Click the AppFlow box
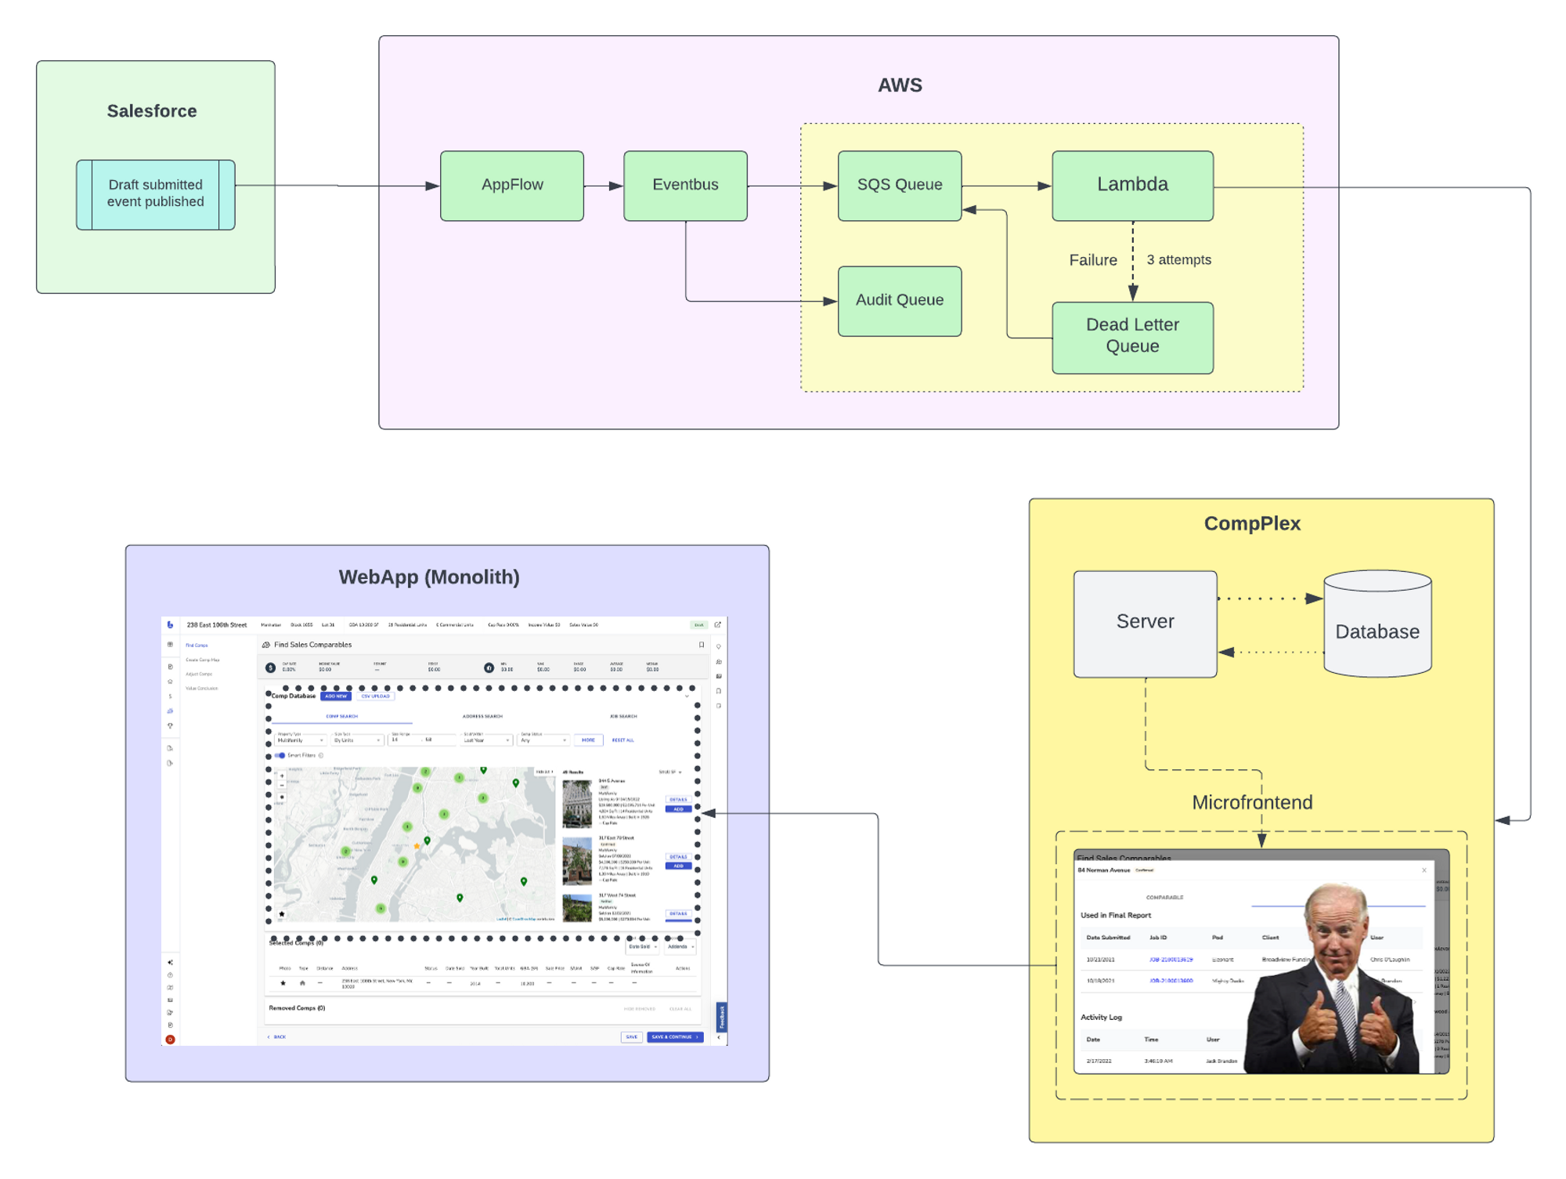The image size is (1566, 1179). coord(512,186)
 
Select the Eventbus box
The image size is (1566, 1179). coord(685,186)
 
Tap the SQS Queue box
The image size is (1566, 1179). coord(900,186)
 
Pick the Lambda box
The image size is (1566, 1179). coord(1132,186)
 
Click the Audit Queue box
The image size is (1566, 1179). coord(900,301)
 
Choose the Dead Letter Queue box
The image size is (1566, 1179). coord(1132,337)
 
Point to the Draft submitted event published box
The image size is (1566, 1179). coord(155,194)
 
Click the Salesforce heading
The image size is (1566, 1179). coord(152,111)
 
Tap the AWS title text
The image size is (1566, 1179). coord(900,85)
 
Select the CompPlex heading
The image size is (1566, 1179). coord(1252,524)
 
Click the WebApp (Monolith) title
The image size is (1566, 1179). coord(429,577)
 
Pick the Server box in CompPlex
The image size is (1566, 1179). coord(1145,623)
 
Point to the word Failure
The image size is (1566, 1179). coord(1093,260)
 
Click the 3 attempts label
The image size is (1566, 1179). coord(1178,260)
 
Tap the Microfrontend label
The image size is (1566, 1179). coord(1252,803)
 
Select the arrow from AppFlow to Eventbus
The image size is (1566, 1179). coord(604,186)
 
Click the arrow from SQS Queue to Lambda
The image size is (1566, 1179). coord(1007,186)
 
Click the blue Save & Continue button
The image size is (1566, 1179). coord(675,1037)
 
